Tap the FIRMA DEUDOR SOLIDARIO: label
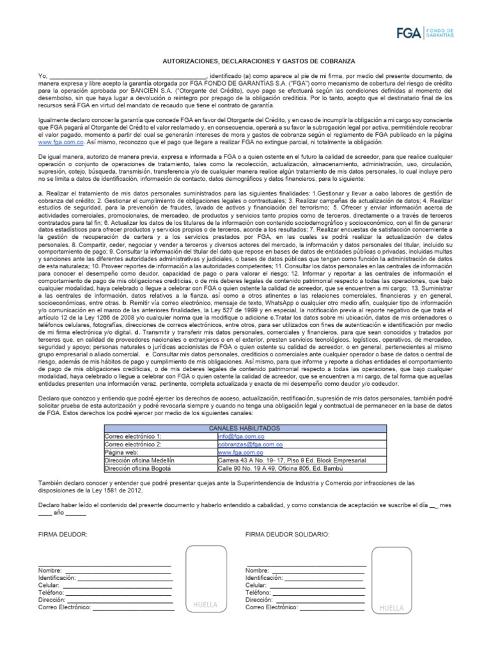click(x=288, y=533)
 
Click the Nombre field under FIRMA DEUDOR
click(x=118, y=570)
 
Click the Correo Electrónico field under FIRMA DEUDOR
click(x=132, y=608)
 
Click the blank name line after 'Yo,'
click(x=128, y=76)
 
